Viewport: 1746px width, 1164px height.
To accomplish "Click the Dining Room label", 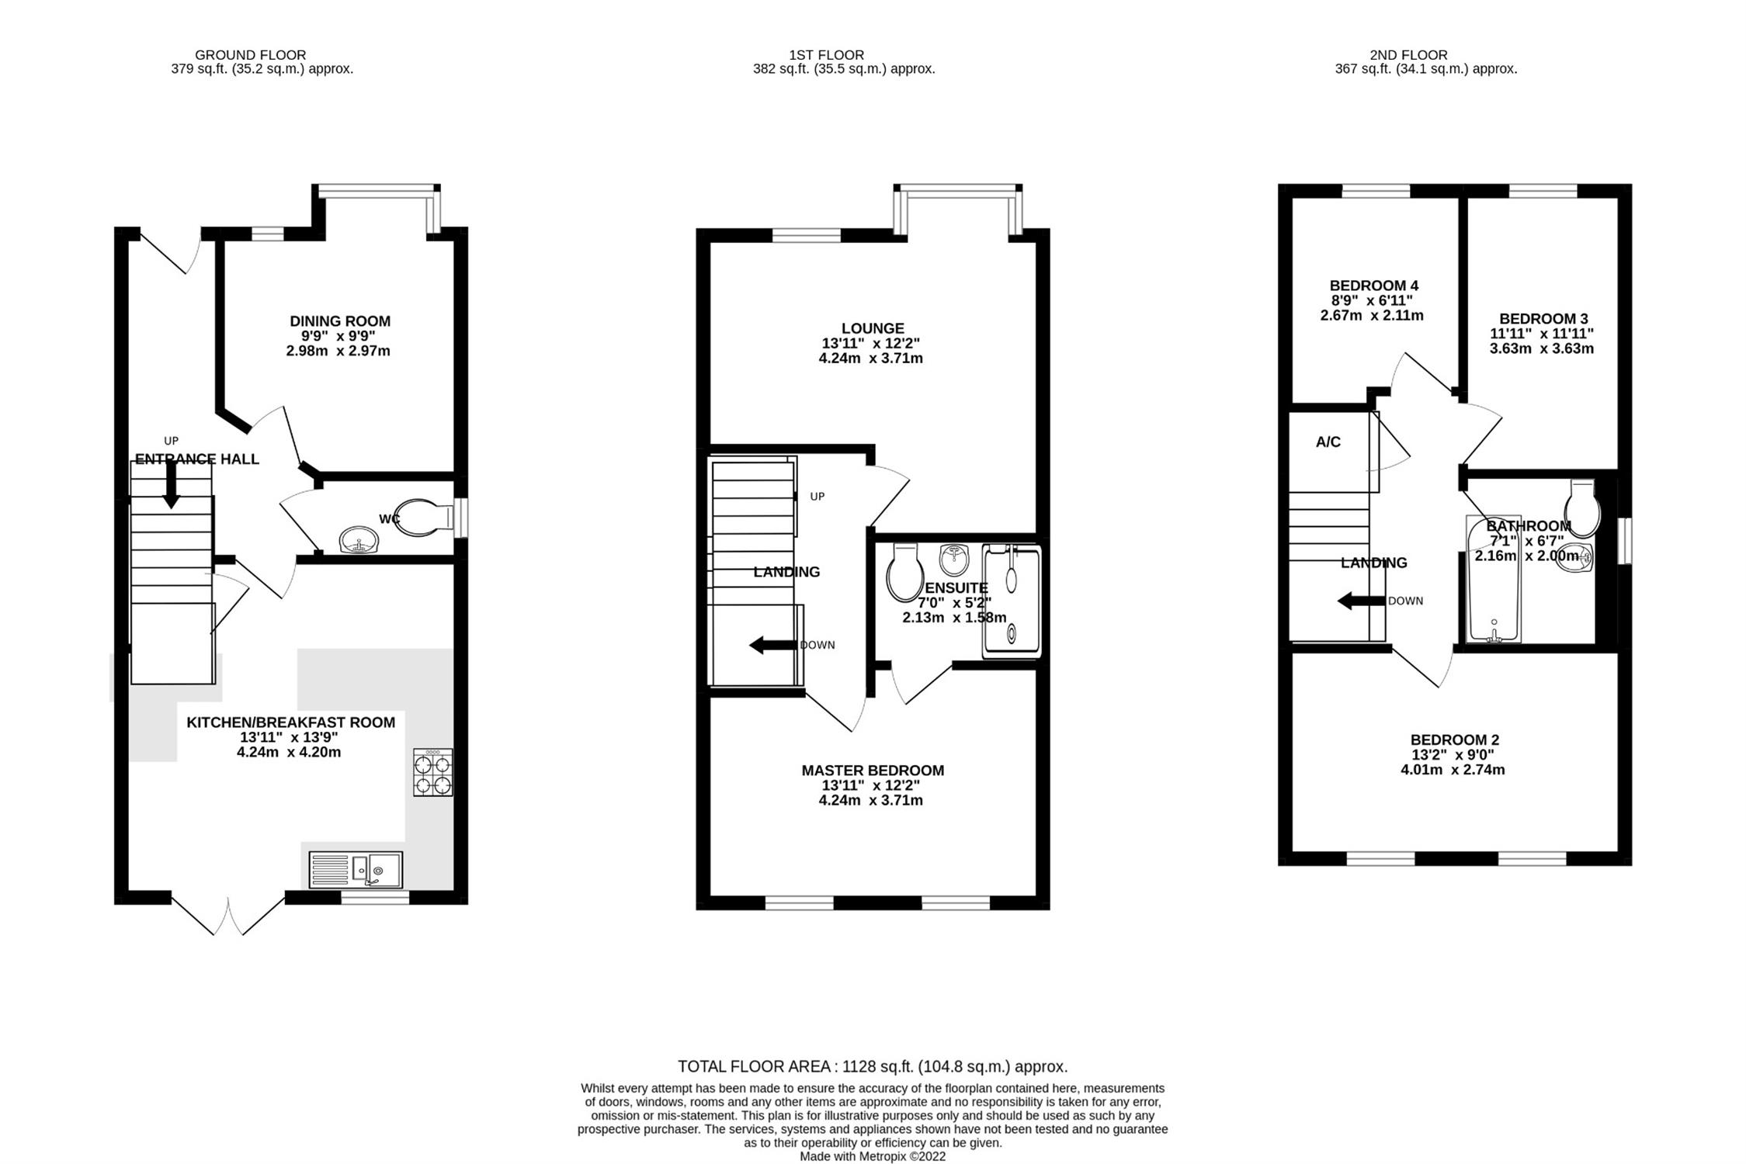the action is point(340,321).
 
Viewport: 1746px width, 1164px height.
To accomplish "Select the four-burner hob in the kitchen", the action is point(433,772).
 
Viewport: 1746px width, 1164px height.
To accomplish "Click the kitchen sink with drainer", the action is point(356,869).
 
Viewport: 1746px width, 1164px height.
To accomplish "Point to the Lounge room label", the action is point(873,328).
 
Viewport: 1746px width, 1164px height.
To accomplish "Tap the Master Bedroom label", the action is point(873,771).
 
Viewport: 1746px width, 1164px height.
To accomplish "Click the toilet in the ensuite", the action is point(902,573).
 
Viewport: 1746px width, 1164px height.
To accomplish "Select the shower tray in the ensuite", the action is point(1011,601).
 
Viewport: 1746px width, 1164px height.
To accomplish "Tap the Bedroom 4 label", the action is point(1373,286).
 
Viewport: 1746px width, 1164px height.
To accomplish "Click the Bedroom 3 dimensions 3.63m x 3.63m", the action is point(1541,348).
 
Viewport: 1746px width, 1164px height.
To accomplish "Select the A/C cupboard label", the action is point(1328,442).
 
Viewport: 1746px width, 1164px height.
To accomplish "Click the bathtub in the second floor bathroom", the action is point(1493,579).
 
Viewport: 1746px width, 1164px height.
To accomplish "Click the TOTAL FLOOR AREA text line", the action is point(873,1066).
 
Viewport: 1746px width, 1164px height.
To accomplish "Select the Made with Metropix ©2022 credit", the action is point(873,1156).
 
